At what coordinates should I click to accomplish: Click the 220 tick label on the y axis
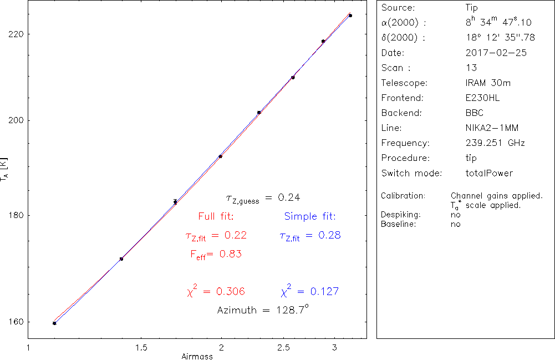pos(16,33)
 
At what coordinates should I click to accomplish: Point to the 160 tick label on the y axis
pos(16,322)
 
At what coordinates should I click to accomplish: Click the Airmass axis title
pos(197,356)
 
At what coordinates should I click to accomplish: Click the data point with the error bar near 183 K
pos(175,202)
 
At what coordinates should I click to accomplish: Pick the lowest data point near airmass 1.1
pos(54,323)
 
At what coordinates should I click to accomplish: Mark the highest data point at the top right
pos(350,16)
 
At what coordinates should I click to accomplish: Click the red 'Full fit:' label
pos(216,216)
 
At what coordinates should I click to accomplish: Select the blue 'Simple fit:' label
pos(310,216)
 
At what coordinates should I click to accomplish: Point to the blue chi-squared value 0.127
pos(310,291)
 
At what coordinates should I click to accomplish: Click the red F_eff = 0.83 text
pos(216,254)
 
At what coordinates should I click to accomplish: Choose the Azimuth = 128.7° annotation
pos(262,310)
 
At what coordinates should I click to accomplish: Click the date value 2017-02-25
pos(496,53)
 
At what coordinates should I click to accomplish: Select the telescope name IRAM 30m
pos(488,83)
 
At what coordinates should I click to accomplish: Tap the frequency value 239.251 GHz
pos(495,143)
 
